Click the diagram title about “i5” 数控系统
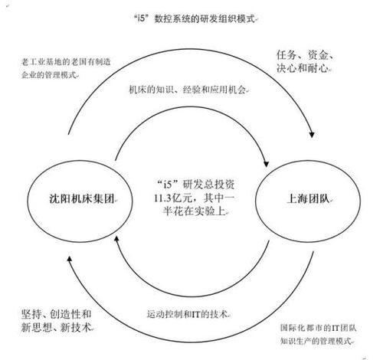195,19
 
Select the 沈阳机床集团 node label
82,198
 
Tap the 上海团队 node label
308,198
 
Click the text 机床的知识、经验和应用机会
188,90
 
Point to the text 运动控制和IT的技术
187,314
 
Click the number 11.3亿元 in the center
175,198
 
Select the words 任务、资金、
305,55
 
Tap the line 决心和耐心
303,68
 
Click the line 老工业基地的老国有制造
66,62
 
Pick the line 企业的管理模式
49,75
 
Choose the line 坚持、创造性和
56,314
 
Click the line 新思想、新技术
56,327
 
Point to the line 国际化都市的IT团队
318,328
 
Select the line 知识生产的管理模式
316,341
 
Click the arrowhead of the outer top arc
312,134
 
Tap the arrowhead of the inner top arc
266,164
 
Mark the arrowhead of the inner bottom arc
116,239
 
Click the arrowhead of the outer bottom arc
69,259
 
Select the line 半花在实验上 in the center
194,211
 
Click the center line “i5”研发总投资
196,185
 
